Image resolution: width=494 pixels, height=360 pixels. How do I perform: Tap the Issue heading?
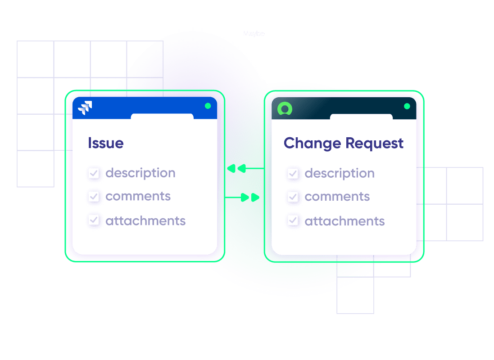[105, 143]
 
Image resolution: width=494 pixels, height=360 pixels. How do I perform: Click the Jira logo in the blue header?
[85, 108]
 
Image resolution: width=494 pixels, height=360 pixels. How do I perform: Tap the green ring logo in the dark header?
[285, 108]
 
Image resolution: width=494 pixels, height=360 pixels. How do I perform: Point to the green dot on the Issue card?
[208, 106]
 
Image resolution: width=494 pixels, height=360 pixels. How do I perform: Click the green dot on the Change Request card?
[407, 106]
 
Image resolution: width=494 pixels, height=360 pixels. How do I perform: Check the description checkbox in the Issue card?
[94, 173]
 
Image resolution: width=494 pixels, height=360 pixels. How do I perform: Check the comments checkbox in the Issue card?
[94, 196]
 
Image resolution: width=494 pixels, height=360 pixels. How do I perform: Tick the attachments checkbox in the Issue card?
[94, 220]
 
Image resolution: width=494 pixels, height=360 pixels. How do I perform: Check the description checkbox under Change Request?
[293, 173]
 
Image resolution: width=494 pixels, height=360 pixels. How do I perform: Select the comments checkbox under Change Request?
[293, 197]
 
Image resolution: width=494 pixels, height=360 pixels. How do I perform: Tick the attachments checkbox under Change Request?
[293, 220]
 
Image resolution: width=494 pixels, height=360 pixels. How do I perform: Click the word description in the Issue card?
[140, 173]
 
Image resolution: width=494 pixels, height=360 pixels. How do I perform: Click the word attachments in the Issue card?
[145, 220]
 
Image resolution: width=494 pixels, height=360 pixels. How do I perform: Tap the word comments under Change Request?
[337, 197]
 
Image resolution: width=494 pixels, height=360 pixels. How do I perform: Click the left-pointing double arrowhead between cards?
[236, 168]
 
